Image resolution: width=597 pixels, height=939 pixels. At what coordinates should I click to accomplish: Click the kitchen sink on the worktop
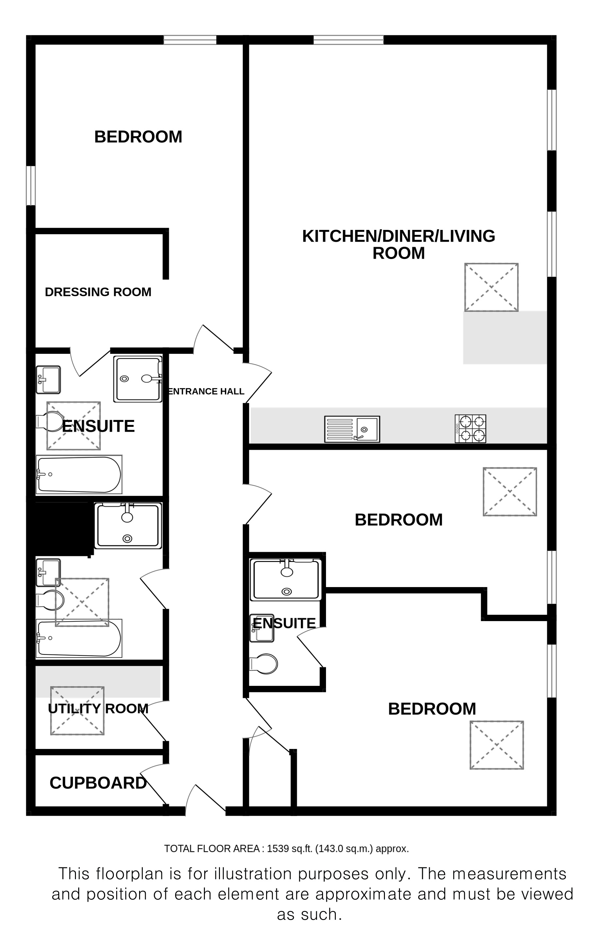[352, 429]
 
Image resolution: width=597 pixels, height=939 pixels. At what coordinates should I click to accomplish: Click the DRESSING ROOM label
[98, 292]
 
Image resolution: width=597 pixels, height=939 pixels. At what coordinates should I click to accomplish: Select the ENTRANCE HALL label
[206, 391]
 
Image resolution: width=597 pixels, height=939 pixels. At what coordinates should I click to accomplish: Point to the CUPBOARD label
[98, 783]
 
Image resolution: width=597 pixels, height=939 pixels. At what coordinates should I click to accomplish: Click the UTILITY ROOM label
[98, 708]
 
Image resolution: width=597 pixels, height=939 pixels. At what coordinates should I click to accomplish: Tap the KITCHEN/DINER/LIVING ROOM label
[399, 245]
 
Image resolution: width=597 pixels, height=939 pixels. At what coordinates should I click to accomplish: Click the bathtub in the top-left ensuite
[79, 475]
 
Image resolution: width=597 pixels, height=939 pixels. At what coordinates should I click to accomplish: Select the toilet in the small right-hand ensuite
[263, 664]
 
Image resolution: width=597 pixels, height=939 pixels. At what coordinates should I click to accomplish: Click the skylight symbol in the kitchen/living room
[491, 287]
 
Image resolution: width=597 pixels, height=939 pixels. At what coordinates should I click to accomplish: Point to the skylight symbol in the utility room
[77, 710]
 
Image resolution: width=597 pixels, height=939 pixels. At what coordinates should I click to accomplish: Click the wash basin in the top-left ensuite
[48, 379]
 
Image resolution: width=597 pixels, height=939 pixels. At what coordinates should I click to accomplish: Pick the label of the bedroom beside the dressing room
[138, 137]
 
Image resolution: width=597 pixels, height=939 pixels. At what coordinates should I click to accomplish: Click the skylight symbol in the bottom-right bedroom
[497, 745]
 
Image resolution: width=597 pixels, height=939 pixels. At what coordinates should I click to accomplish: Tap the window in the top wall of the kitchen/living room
[349, 40]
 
